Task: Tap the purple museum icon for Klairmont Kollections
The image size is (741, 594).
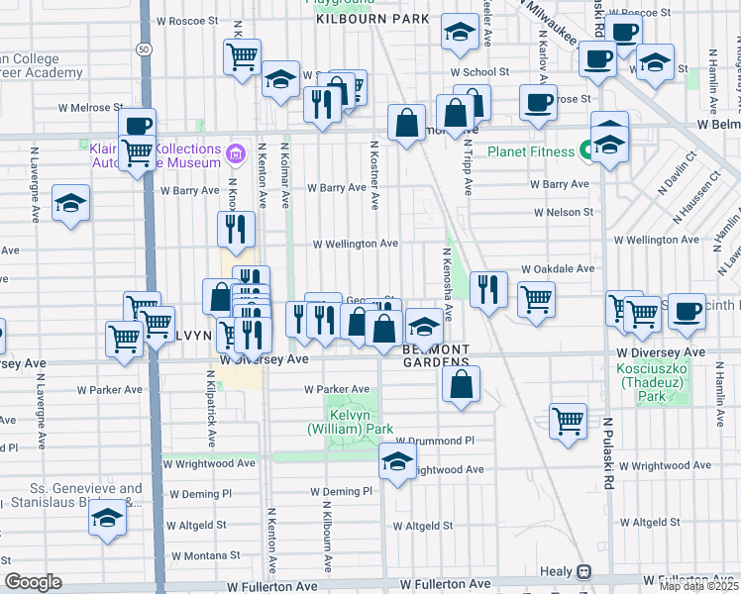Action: click(235, 152)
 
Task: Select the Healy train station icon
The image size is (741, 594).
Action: click(584, 571)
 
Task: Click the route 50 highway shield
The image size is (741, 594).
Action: click(145, 49)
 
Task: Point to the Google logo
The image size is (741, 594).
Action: click(33, 582)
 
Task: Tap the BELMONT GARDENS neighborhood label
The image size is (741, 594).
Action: click(435, 355)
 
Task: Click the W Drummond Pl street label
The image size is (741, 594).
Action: click(436, 441)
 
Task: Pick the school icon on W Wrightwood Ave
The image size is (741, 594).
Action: click(397, 461)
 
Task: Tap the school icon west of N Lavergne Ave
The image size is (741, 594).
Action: click(68, 204)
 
